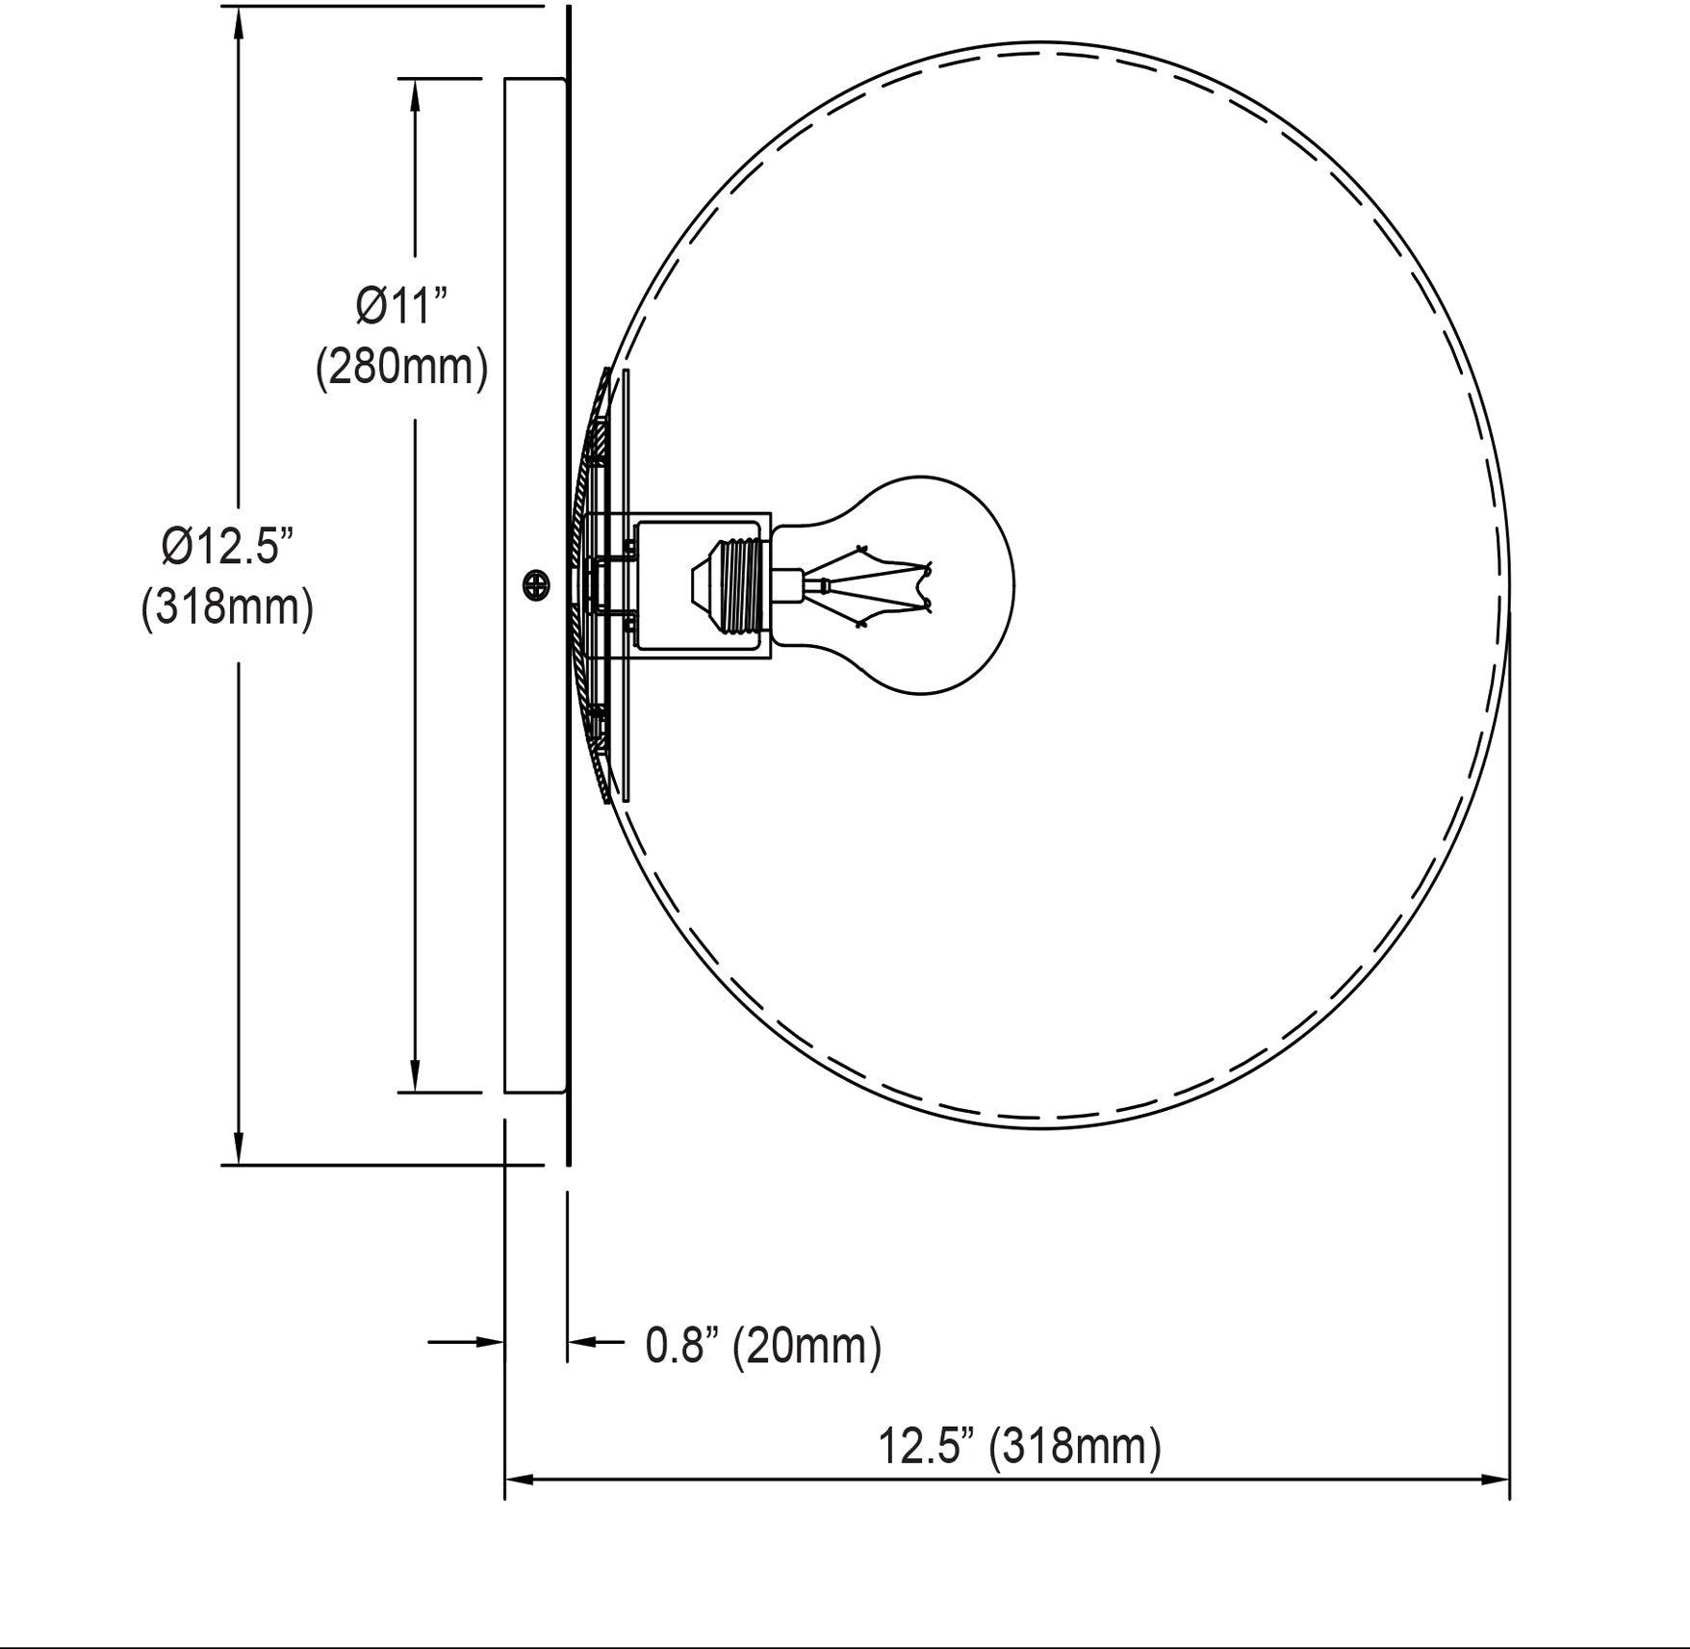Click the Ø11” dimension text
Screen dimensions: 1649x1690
pyautogui.click(x=402, y=306)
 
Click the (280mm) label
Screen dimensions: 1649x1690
pyautogui.click(x=402, y=367)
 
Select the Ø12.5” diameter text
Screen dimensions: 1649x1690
pyautogui.click(x=227, y=547)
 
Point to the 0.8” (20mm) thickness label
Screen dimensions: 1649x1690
pyautogui.click(x=763, y=1345)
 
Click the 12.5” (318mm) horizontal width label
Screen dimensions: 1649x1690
pyautogui.click(x=1019, y=1446)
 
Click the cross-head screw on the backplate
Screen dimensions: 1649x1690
pyautogui.click(x=536, y=583)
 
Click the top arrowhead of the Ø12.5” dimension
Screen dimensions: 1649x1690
pyautogui.click(x=239, y=23)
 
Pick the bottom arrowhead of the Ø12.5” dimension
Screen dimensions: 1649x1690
pyautogui.click(x=239, y=1147)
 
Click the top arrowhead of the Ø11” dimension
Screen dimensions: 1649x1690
pyautogui.click(x=416, y=94)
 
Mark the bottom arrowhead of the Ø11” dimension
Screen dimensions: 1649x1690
pyautogui.click(x=416, y=1075)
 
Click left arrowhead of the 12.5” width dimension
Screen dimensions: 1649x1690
pyautogui.click(x=520, y=1479)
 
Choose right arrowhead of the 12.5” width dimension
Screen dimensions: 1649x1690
pyautogui.click(x=1495, y=1479)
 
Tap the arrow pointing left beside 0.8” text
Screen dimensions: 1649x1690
pyautogui.click(x=581, y=1341)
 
